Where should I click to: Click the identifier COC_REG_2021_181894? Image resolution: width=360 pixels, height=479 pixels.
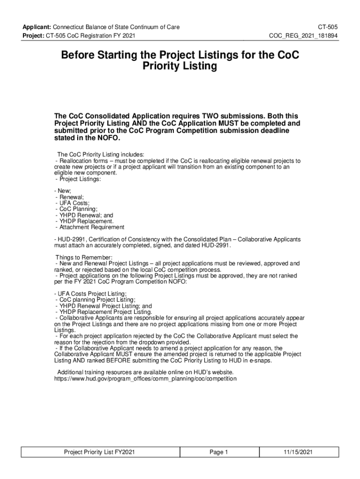304,36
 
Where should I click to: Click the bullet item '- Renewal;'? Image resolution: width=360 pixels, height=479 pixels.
70,197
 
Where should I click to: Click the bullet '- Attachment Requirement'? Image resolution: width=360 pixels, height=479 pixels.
89,227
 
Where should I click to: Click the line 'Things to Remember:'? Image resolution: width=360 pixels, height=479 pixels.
84,258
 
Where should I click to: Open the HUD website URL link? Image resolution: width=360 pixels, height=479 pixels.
146,378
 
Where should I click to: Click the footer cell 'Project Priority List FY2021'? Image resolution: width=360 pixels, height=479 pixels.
100,452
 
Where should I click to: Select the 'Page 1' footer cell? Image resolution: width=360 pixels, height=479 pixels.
218,452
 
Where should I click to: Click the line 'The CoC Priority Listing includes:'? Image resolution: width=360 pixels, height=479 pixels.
101,154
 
